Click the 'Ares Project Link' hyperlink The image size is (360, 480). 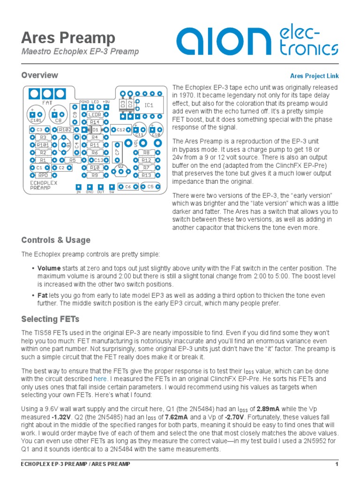[x=314, y=76]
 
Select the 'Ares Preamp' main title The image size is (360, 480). [x=68, y=37]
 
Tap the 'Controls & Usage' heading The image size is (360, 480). [x=56, y=240]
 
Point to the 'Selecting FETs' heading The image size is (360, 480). [x=50, y=319]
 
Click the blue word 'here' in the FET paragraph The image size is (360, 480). [x=100, y=378]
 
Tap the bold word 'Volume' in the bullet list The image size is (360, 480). [x=49, y=269]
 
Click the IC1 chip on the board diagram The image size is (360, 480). [x=149, y=105]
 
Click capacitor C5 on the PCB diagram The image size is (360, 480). [x=150, y=187]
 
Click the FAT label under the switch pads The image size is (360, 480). [x=47, y=102]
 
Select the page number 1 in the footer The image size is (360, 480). [x=337, y=464]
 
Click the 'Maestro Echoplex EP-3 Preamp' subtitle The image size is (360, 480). [x=80, y=52]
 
